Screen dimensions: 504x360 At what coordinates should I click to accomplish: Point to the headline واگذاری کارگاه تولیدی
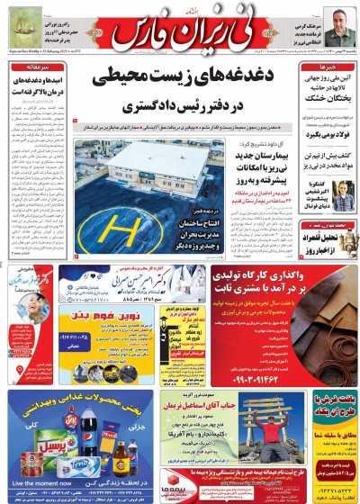pyautogui.click(x=283, y=279)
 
